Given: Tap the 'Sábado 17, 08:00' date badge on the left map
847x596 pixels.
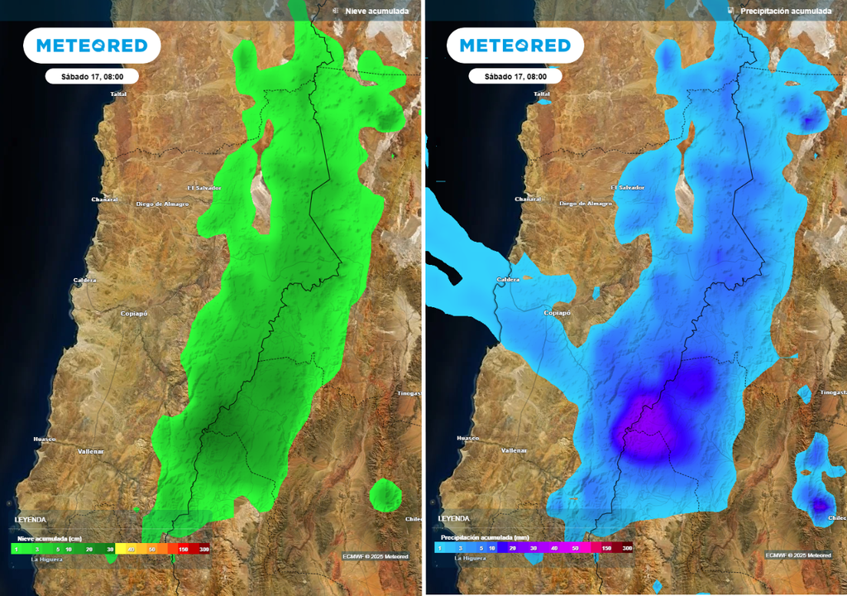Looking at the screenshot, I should click(x=92, y=76).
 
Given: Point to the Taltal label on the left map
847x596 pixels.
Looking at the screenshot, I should click(x=118, y=94).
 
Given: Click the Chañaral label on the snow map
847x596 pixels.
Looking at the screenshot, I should click(x=105, y=199).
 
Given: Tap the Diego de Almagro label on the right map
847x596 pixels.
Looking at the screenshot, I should click(x=586, y=203).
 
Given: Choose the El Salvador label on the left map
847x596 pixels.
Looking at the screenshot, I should click(x=204, y=188).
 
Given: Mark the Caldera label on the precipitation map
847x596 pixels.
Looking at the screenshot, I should click(x=508, y=280).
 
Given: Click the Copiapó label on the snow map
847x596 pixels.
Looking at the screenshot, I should click(x=134, y=313).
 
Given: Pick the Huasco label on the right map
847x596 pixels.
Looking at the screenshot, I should click(x=468, y=438).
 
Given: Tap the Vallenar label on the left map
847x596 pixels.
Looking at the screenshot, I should click(x=91, y=450).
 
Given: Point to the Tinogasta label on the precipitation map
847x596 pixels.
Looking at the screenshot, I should click(x=832, y=392).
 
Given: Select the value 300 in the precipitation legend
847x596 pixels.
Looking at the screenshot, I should click(x=627, y=548).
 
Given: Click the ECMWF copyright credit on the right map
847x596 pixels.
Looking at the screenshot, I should click(x=797, y=555).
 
